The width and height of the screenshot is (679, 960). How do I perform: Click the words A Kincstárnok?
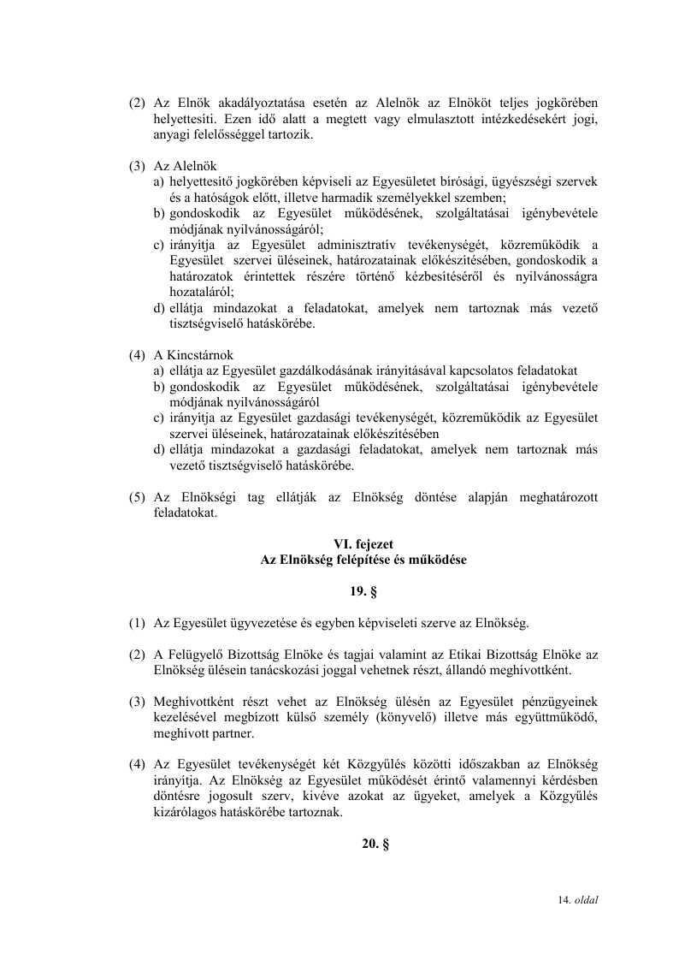(193, 354)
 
